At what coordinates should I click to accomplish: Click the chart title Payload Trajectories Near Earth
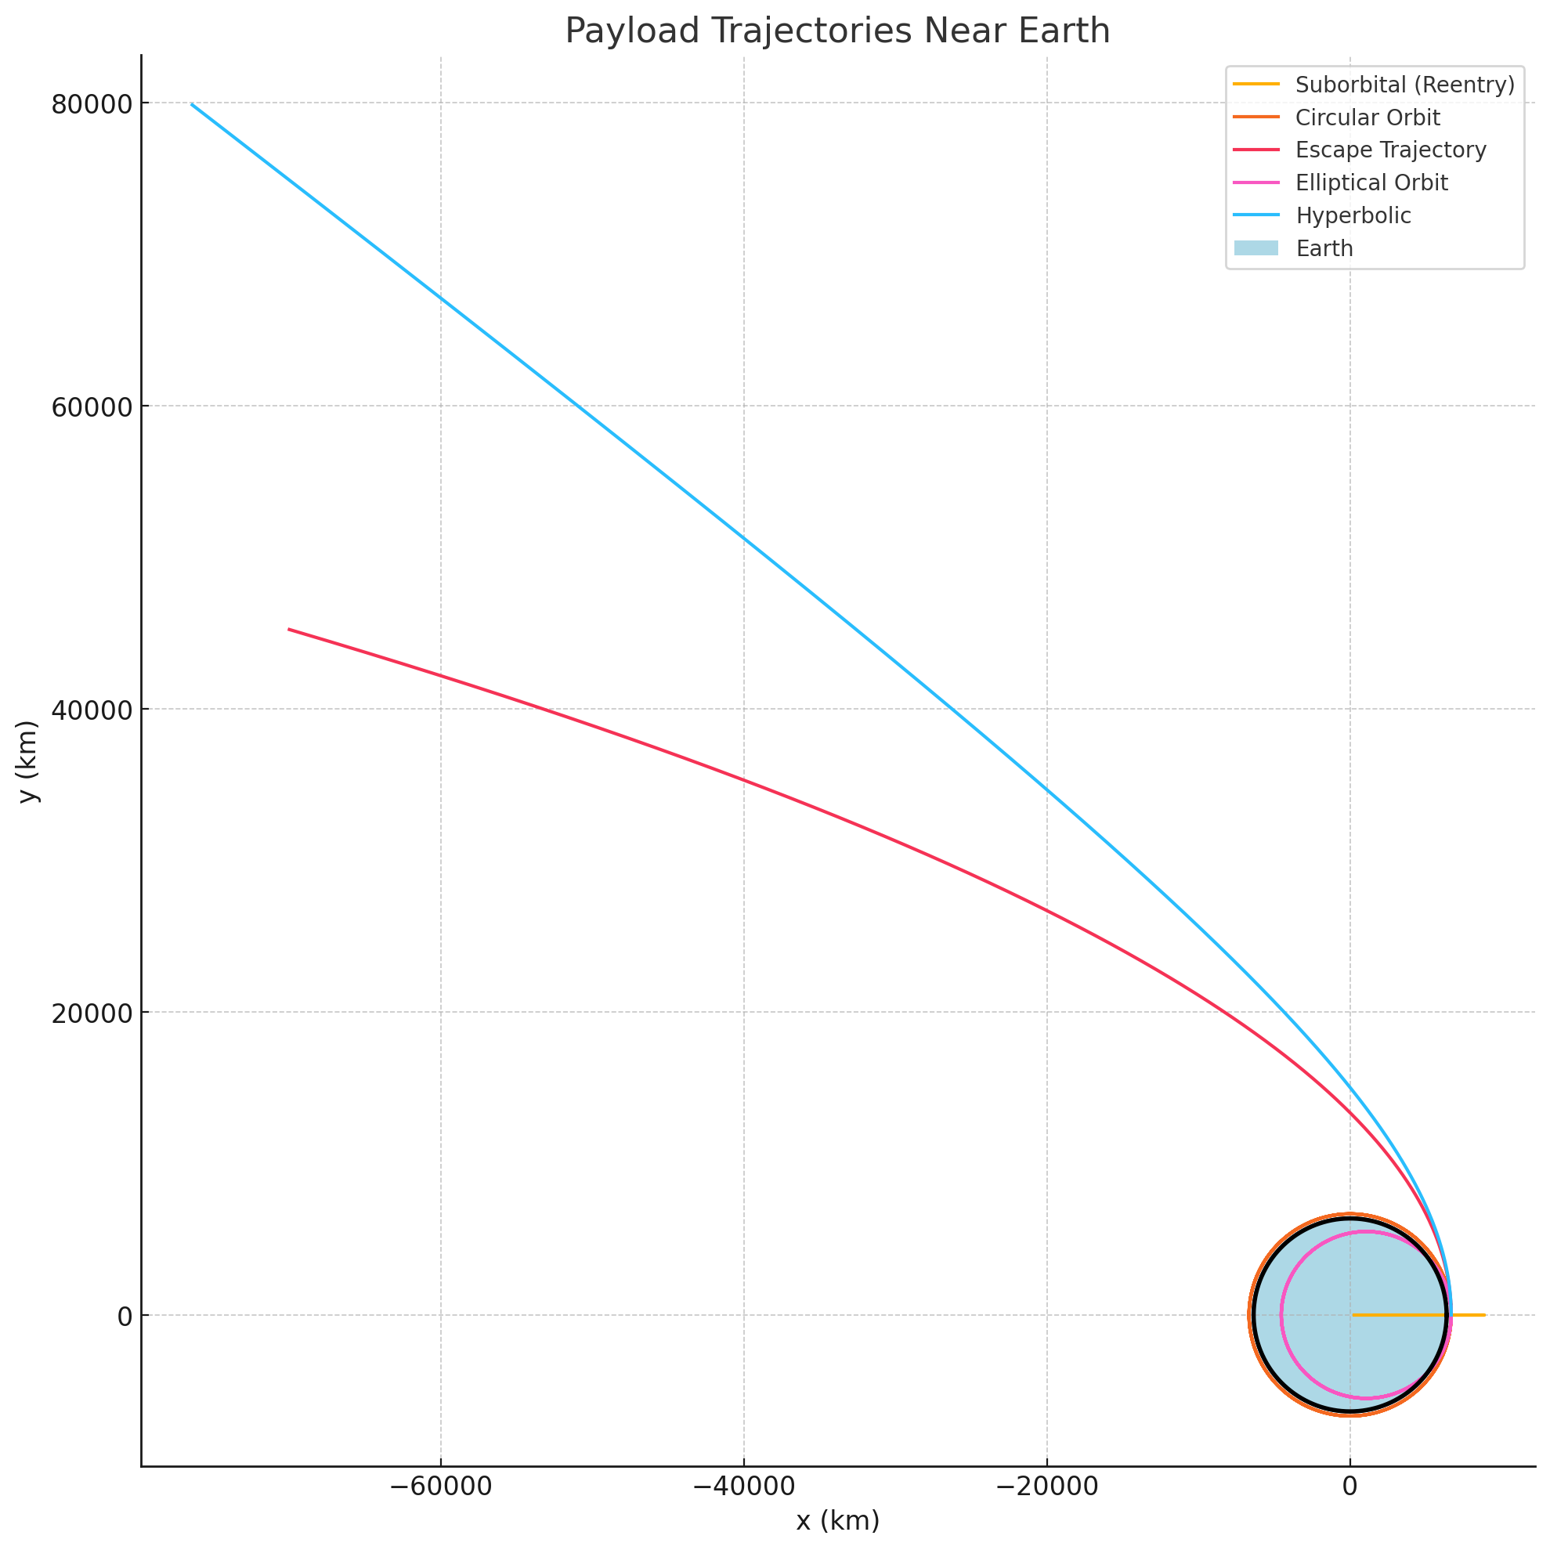837,31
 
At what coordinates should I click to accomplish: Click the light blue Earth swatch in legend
1256,249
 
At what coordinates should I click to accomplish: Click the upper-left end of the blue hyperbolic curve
192,104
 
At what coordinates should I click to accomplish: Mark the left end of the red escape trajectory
289,629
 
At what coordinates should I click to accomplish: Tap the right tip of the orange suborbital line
1484,1315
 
